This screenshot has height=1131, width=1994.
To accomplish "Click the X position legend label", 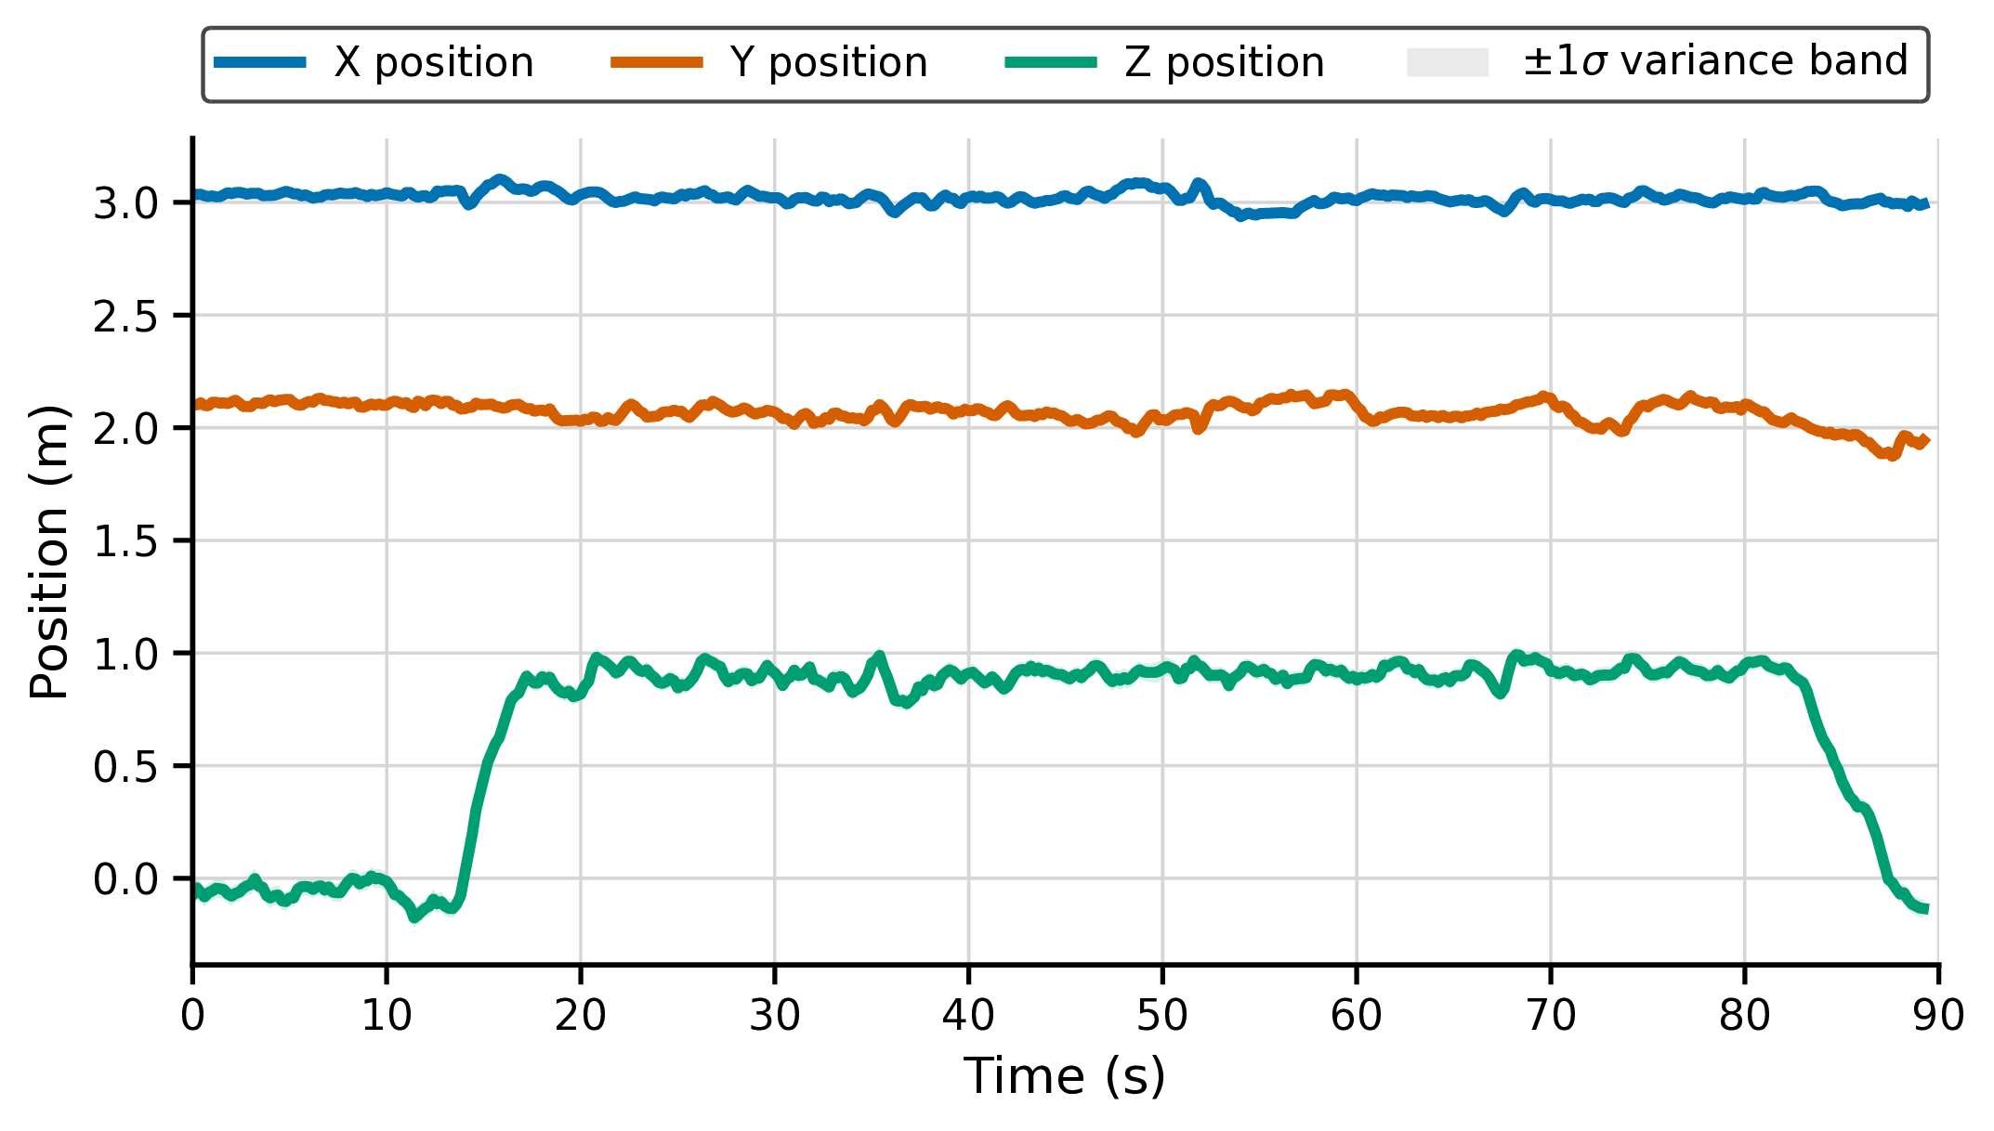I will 433,63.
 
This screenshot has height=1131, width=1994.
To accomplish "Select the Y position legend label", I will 829,63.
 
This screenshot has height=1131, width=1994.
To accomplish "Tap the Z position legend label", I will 1224,63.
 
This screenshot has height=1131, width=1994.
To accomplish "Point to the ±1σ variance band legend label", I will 1714,61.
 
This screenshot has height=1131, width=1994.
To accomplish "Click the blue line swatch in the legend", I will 260,63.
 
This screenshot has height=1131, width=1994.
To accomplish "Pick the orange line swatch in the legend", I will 656,63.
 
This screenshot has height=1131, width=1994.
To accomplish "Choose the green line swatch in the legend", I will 1051,63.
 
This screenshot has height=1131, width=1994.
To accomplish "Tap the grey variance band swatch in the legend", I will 1448,63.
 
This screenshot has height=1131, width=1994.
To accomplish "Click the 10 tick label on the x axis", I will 387,1016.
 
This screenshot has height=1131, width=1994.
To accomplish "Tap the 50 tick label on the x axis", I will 1162,1016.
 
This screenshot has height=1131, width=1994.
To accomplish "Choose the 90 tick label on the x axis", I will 1938,1016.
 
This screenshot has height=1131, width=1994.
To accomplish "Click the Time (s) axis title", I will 1065,1077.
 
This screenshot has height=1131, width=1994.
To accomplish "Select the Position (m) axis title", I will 50,552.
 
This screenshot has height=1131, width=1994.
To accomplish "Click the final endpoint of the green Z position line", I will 1926,909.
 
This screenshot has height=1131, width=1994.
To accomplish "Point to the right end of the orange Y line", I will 1927,439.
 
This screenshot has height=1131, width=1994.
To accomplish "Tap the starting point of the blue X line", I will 194,195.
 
